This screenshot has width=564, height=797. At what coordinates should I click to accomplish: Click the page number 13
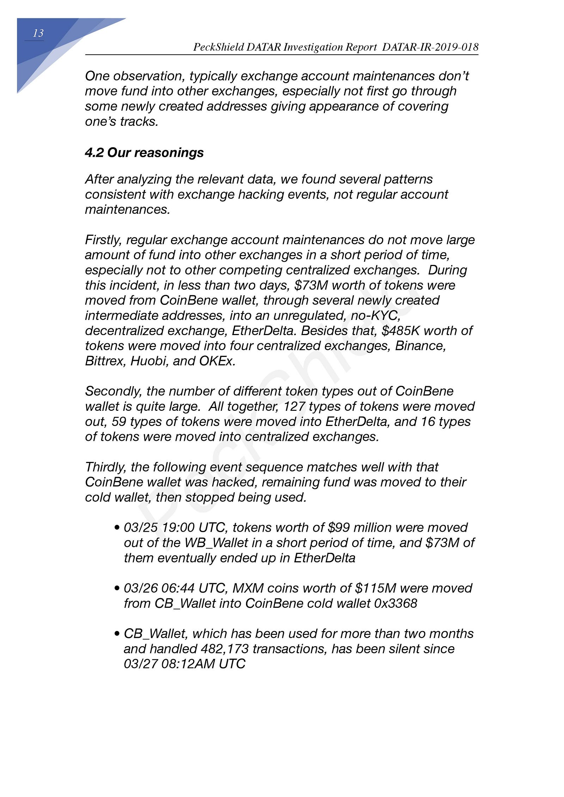point(38,33)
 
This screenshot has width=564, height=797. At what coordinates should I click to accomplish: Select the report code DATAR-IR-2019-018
point(430,47)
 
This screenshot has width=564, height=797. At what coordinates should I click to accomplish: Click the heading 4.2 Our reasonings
point(144,153)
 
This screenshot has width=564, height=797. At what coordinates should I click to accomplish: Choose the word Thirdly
point(105,467)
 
